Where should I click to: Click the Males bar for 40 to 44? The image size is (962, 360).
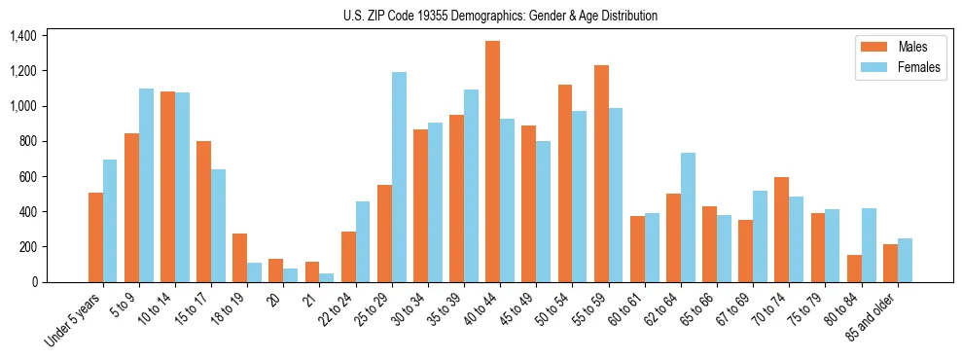point(492,162)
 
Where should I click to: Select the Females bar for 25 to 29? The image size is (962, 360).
point(399,177)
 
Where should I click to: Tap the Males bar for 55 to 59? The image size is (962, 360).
point(601,173)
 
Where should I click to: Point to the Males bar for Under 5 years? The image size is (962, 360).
point(95,237)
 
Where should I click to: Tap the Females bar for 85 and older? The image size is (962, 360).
point(905,260)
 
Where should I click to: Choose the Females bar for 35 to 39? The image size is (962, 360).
point(471,186)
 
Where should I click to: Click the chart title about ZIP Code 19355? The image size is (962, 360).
point(500,16)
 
